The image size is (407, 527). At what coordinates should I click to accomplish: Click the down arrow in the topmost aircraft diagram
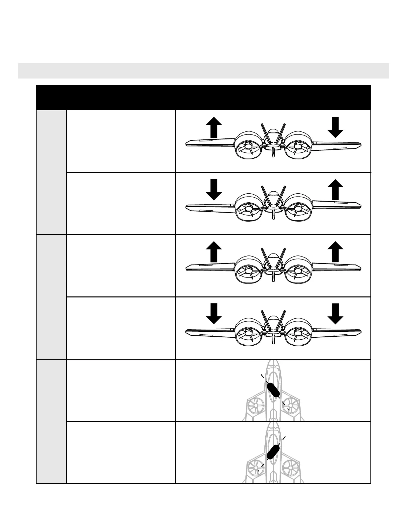[x=336, y=127]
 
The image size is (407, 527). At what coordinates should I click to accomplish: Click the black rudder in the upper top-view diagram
[x=273, y=390]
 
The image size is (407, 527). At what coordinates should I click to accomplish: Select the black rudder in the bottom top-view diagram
[x=273, y=451]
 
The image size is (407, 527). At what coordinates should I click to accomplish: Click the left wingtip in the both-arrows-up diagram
[x=188, y=267]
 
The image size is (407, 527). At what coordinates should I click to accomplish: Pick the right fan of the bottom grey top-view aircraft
[x=291, y=468]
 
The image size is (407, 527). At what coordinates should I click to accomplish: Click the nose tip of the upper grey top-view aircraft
[x=273, y=361]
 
